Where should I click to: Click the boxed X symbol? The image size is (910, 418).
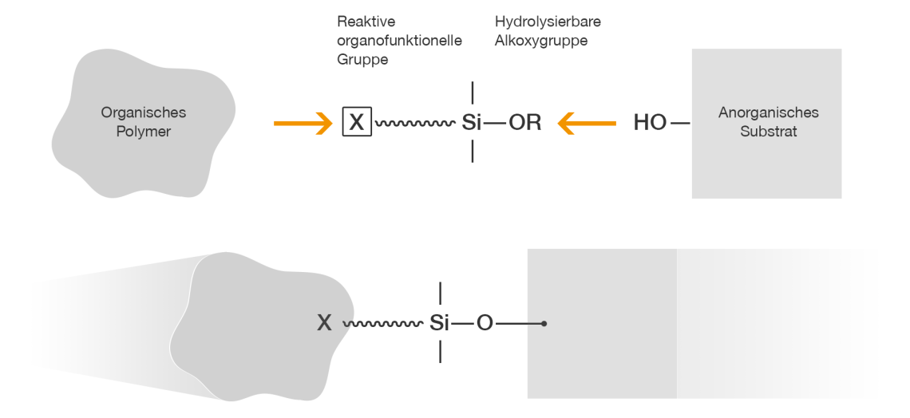(x=357, y=123)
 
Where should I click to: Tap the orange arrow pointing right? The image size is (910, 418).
(x=303, y=123)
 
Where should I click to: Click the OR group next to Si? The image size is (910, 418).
(x=524, y=124)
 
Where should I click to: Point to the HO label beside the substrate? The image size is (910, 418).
(x=650, y=124)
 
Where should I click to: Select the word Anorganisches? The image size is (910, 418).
(x=768, y=113)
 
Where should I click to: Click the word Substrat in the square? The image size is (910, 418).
(x=768, y=132)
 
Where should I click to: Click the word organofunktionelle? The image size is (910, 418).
(x=399, y=41)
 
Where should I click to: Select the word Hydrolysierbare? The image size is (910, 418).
(x=548, y=22)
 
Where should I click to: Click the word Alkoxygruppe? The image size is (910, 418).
(x=540, y=41)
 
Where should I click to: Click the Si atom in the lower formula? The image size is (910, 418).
(x=440, y=323)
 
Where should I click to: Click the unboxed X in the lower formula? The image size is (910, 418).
(x=324, y=323)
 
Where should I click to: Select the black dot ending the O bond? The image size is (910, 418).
(x=544, y=323)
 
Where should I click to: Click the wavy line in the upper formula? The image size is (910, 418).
(x=414, y=124)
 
